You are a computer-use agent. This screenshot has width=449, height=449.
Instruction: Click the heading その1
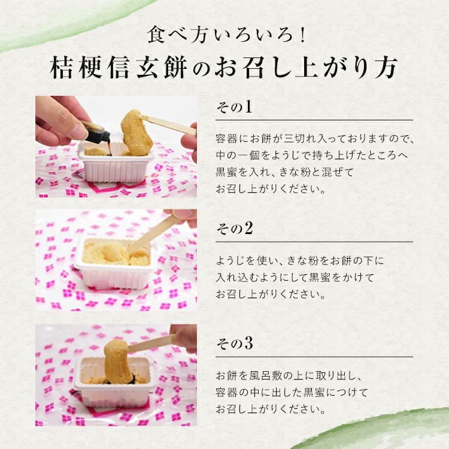click(234, 107)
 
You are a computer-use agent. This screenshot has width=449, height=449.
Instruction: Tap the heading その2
click(235, 229)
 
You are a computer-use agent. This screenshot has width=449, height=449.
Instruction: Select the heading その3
click(235, 344)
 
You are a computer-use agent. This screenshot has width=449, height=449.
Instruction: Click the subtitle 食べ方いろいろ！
click(226, 35)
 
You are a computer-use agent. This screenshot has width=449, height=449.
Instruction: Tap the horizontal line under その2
click(314, 242)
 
